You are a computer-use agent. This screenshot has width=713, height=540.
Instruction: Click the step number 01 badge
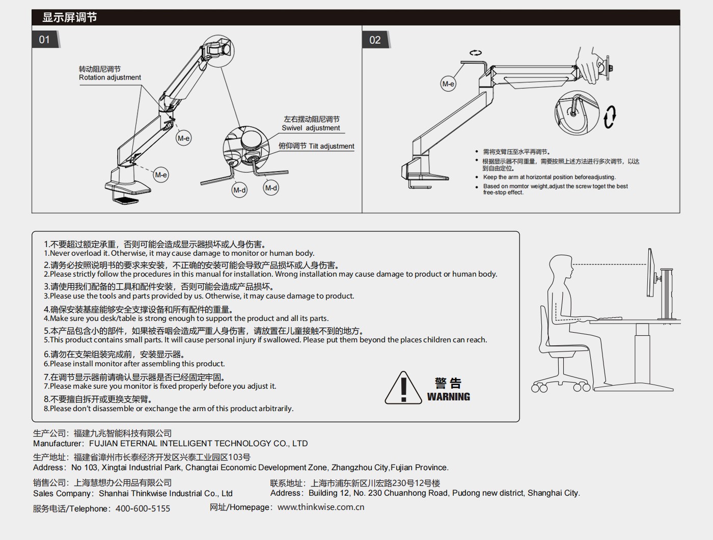point(45,40)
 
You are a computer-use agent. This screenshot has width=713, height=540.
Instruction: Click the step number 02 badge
point(375,40)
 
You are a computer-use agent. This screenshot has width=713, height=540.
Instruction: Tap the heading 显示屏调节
point(69,17)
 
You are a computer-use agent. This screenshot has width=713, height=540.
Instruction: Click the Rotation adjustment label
point(109,77)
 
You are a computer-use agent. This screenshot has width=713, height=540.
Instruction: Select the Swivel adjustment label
point(311,128)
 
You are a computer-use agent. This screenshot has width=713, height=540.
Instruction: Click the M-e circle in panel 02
point(448,84)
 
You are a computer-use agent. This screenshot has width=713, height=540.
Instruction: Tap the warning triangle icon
point(403,389)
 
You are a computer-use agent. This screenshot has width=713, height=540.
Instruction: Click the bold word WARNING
point(448,397)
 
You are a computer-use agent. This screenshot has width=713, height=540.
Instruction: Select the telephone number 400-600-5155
point(143,508)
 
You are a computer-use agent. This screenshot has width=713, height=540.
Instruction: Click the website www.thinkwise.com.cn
point(321,507)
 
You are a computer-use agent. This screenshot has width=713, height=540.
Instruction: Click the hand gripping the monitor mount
point(591,65)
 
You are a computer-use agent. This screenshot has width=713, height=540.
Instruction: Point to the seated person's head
point(561,266)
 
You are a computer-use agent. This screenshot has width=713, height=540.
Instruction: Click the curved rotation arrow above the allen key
point(476,52)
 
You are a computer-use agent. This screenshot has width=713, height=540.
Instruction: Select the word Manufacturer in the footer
point(57,444)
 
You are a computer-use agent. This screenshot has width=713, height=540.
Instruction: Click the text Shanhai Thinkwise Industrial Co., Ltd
point(166,493)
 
